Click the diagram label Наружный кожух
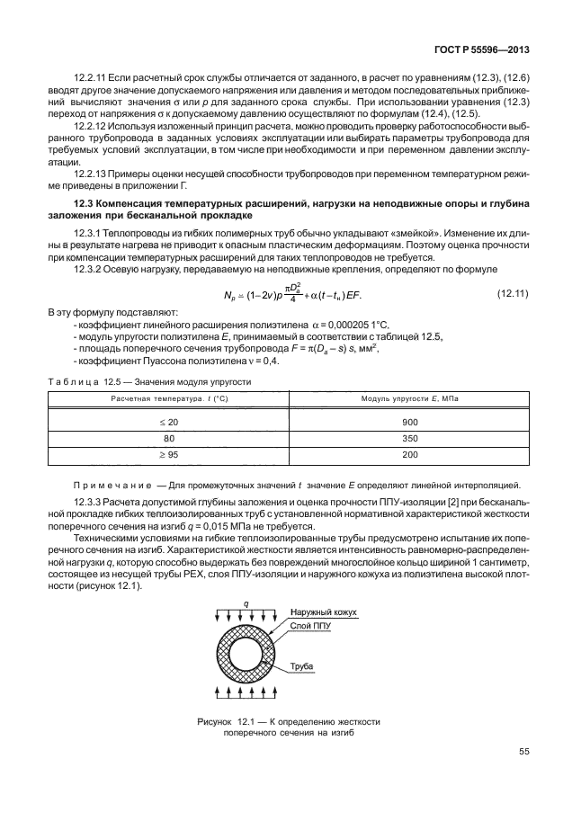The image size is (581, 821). point(323,612)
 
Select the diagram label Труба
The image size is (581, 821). point(302,666)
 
